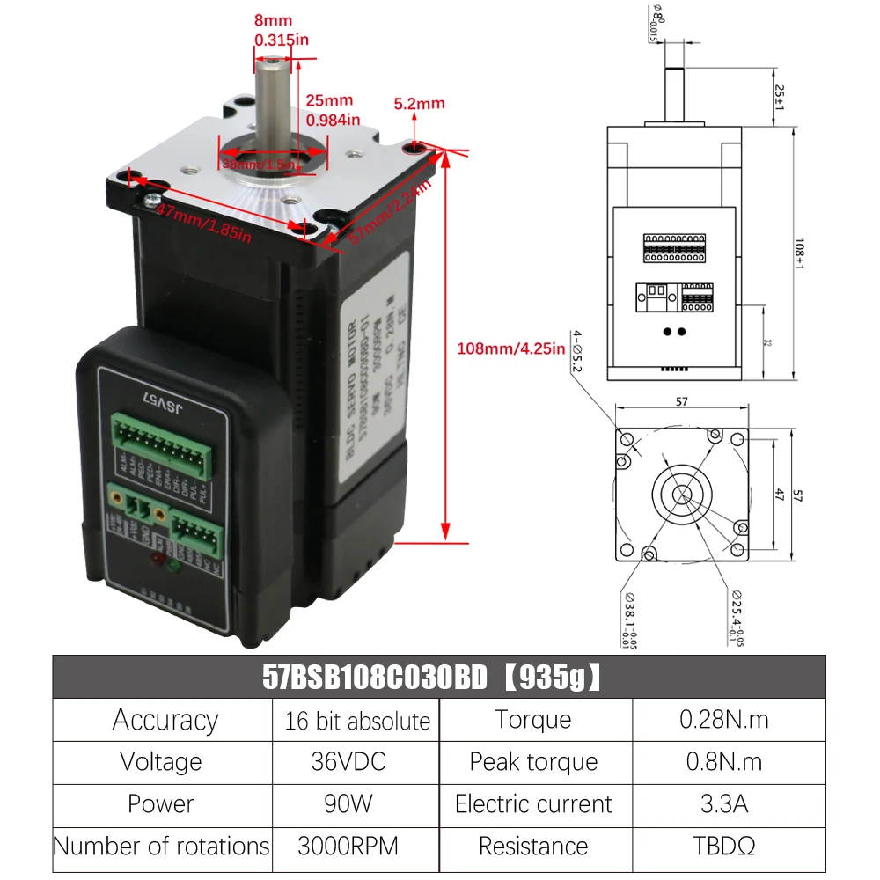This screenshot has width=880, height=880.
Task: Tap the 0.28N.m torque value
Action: tap(723, 719)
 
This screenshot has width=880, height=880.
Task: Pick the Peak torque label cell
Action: tap(533, 761)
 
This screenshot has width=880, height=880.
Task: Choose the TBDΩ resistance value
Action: tap(723, 846)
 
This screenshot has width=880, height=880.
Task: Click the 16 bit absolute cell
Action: tap(356, 721)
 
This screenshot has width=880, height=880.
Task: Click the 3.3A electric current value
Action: tap(723, 803)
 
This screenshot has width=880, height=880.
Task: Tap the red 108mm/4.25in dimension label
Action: tap(510, 348)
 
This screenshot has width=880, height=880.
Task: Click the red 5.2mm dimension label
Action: tap(419, 103)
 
